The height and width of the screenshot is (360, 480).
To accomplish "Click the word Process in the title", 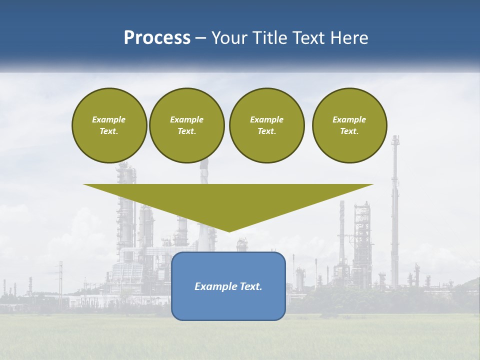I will click(x=157, y=38).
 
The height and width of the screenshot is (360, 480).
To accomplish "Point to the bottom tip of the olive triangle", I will click(x=229, y=230).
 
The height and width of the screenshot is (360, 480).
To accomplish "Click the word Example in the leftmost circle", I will click(x=109, y=119).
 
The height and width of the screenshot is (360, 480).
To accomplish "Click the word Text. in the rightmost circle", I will click(x=349, y=131).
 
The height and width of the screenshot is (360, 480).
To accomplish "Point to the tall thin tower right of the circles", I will click(x=395, y=210).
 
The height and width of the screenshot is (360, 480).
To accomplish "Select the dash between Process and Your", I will click(x=200, y=38).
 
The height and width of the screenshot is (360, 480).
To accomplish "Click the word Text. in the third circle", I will click(x=266, y=131).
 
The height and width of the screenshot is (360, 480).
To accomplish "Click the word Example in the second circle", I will click(x=186, y=119).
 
